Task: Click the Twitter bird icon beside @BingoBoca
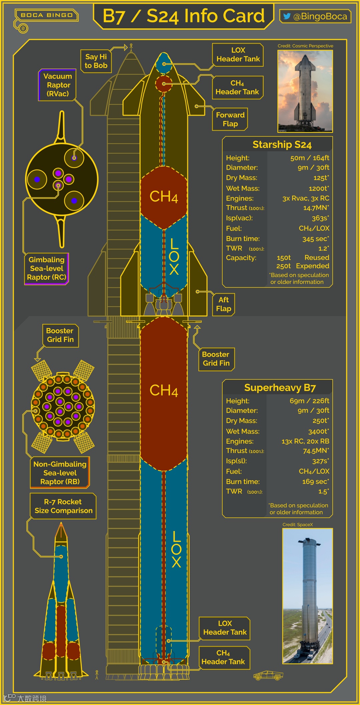tap(286, 16)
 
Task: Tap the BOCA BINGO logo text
tap(46, 15)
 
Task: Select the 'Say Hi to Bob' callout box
tap(96, 61)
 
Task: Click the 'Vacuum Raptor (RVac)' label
tap(58, 85)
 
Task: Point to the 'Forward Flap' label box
tap(230, 119)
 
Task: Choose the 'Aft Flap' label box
tap(223, 304)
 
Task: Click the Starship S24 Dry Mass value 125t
tap(321, 178)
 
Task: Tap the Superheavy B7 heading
tap(280, 388)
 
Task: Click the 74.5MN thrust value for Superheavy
tap(316, 451)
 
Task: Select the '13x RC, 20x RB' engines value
tap(305, 441)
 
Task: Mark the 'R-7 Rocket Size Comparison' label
tap(63, 506)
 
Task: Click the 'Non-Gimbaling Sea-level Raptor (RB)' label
tap(60, 473)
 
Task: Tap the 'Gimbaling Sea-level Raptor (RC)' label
tap(47, 268)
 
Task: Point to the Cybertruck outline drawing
tap(268, 675)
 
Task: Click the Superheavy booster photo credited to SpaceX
tap(307, 596)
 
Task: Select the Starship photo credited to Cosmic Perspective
tap(305, 91)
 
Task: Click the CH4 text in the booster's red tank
tap(164, 390)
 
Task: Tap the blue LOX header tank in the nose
tap(164, 64)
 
